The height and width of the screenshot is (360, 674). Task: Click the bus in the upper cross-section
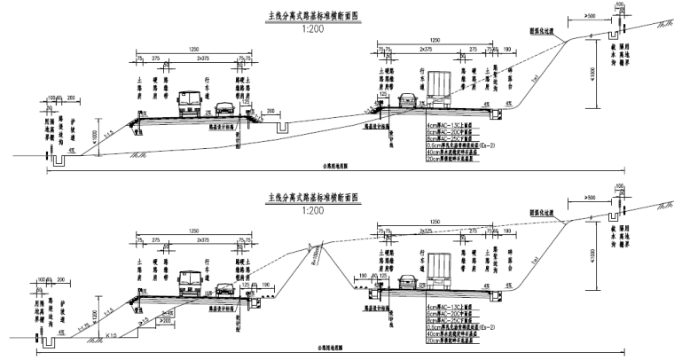(x=190, y=105)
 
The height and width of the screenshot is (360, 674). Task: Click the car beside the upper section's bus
(x=224, y=110)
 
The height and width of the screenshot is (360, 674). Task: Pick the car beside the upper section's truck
(x=408, y=99)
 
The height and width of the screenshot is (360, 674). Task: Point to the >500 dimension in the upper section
(x=592, y=17)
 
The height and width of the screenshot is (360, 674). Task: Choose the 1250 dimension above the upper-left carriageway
(x=192, y=50)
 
